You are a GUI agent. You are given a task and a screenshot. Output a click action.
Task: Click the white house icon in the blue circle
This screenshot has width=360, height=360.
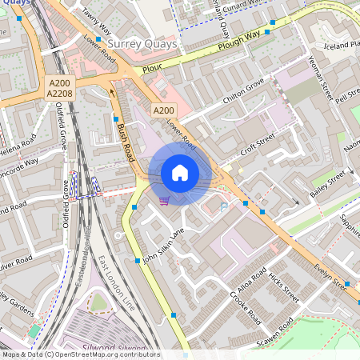[x=180, y=173]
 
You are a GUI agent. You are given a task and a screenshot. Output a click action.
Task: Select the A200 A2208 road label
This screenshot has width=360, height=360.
[x=60, y=89]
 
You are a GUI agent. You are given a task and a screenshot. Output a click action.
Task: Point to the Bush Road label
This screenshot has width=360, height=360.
[x=124, y=141]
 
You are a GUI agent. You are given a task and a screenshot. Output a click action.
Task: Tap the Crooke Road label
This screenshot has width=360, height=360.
[x=246, y=307]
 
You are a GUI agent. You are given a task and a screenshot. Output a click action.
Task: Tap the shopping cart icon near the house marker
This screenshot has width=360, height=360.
[x=164, y=200]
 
